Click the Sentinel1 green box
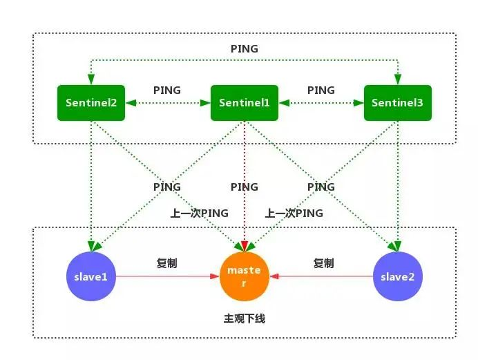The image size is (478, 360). [x=244, y=103]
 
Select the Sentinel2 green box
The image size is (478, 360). [x=91, y=103]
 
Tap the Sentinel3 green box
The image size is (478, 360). [x=397, y=103]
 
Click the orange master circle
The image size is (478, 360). [x=244, y=276]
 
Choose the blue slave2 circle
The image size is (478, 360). [x=397, y=276]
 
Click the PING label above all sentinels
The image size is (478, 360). [x=244, y=49]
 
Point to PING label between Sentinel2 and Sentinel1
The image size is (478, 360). [x=167, y=90]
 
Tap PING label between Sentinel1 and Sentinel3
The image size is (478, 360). [x=321, y=90]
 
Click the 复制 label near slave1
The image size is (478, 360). [x=167, y=263]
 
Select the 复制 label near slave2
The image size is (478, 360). [x=323, y=263]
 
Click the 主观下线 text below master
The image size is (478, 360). [x=244, y=319]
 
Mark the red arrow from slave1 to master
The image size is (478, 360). [x=166, y=276]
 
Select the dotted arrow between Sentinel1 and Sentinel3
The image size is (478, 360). [x=321, y=103]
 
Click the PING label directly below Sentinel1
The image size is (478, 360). [x=244, y=187]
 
